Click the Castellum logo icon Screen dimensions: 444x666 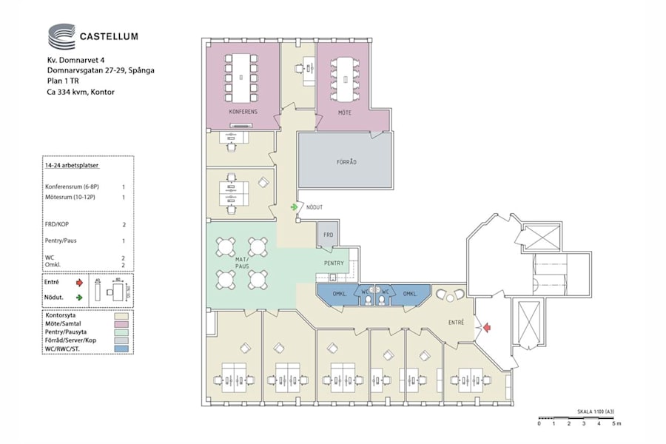click(x=61, y=36)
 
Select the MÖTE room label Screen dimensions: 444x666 click(x=344, y=112)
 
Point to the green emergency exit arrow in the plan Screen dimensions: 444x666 click(x=295, y=207)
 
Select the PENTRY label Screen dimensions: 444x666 click(x=334, y=263)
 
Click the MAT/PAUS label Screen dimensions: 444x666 click(x=242, y=262)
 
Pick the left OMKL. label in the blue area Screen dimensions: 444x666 click(x=342, y=294)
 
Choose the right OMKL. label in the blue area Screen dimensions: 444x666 click(x=409, y=294)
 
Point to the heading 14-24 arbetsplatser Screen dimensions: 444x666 click(x=73, y=168)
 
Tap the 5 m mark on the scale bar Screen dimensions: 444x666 click(x=616, y=423)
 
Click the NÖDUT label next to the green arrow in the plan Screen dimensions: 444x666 click(x=314, y=207)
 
